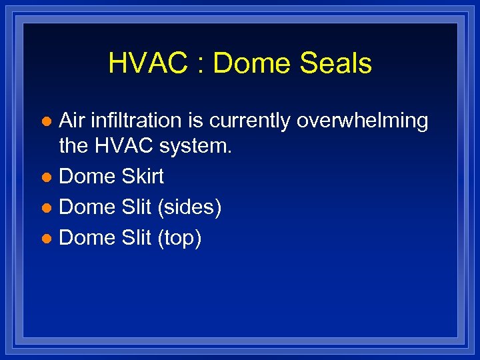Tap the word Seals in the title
click(337, 64)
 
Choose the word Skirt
click(143, 177)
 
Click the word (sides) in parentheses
click(189, 208)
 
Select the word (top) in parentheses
click(179, 239)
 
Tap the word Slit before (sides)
click(137, 207)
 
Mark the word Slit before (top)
click(137, 238)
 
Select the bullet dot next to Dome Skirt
click(46, 178)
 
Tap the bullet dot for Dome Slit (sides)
click(46, 209)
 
